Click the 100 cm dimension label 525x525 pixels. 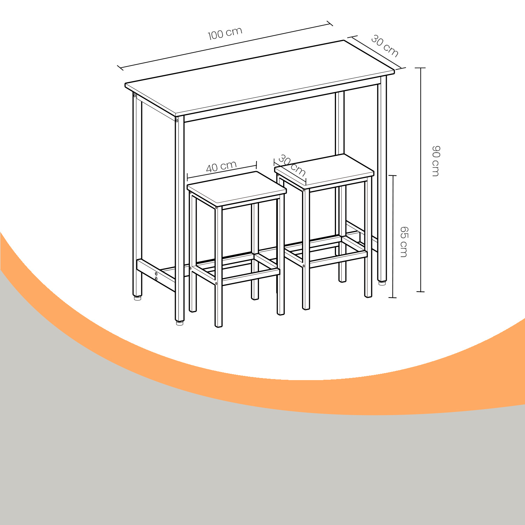(x=225, y=34)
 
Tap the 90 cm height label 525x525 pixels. (x=436, y=161)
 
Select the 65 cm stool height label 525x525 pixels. (x=404, y=242)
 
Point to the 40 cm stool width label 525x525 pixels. (x=221, y=167)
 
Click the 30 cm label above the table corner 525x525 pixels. (x=385, y=46)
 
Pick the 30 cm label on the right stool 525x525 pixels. (x=292, y=166)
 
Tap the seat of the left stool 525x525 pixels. (x=237, y=188)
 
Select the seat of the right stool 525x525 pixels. (x=324, y=171)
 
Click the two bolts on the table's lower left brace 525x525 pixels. (x=156, y=276)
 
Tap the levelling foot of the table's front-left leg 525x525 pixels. (x=180, y=323)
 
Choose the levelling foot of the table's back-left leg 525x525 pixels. (x=138, y=298)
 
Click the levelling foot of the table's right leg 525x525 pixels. (x=382, y=282)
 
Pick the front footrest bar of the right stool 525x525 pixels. (x=338, y=258)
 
